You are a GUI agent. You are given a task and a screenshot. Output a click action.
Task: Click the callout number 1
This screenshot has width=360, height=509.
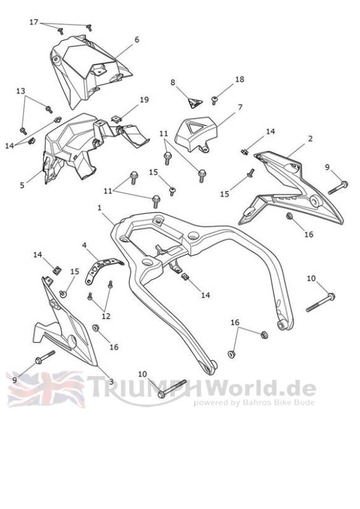[x=100, y=207]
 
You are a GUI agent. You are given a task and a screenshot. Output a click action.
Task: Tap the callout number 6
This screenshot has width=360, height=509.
[x=137, y=39]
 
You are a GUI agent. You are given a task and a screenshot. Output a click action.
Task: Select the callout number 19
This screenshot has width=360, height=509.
[x=144, y=100]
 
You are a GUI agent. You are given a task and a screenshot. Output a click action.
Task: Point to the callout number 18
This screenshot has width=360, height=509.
[x=240, y=79]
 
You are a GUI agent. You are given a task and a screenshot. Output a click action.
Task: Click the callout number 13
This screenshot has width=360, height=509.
[x=20, y=91]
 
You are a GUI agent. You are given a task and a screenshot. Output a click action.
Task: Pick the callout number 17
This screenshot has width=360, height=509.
[x=34, y=22]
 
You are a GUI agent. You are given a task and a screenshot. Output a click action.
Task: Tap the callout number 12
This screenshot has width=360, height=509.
[x=106, y=316]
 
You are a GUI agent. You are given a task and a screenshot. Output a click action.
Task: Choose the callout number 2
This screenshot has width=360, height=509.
[x=310, y=139]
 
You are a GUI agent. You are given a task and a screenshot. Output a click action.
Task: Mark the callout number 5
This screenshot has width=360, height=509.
[x=22, y=185]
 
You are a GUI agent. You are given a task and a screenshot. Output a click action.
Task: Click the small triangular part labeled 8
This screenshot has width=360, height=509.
[x=195, y=103]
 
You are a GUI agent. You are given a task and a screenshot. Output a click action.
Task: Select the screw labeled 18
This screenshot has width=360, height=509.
[x=214, y=100]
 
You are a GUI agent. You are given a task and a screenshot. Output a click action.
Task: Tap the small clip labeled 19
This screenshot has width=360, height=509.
[x=116, y=119]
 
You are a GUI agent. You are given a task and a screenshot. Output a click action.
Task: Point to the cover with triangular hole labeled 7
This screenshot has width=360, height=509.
[x=196, y=134]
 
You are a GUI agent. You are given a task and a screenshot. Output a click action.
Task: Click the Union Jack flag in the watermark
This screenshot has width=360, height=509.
[x=45, y=389]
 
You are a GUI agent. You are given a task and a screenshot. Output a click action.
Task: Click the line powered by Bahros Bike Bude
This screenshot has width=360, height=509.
[x=254, y=403]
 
